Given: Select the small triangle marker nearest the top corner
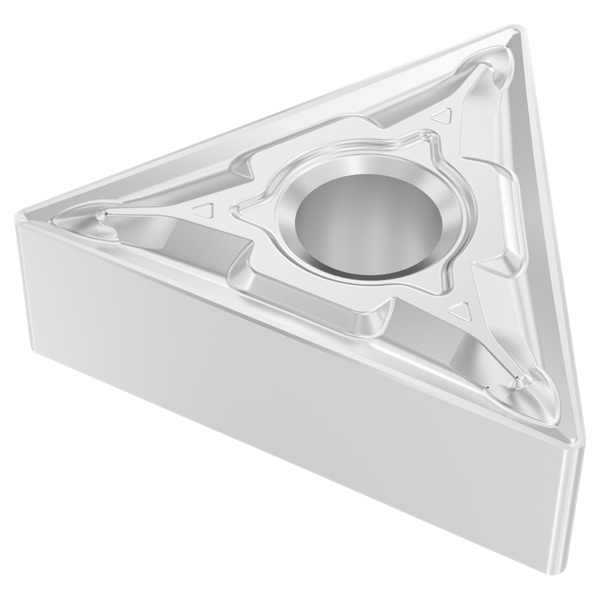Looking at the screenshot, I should pyautogui.click(x=443, y=115).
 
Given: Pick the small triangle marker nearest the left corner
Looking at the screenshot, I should pyautogui.click(x=203, y=210).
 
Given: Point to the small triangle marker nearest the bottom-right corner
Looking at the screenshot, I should pyautogui.click(x=459, y=310).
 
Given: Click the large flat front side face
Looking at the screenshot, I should pyautogui.click(x=270, y=390).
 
